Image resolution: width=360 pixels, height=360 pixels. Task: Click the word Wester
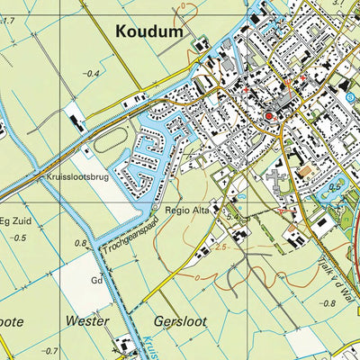point(87,320)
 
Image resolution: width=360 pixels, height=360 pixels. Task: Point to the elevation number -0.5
point(20,238)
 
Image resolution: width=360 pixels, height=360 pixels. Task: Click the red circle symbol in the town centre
point(266,117)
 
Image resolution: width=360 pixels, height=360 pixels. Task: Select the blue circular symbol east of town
point(349,95)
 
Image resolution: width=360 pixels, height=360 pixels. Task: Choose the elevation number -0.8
point(330,303)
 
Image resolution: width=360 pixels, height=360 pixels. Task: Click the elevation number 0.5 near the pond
point(335,186)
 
